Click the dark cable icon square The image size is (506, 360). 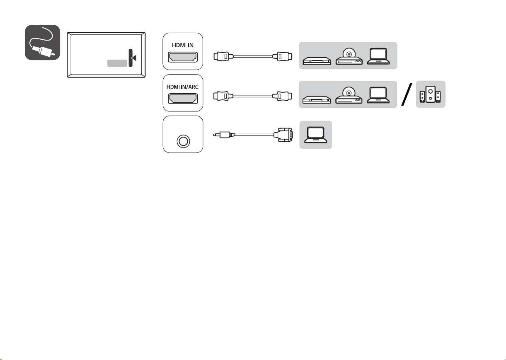pos(42,42)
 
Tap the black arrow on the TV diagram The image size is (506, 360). pos(133,58)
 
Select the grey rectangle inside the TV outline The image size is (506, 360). pos(117,63)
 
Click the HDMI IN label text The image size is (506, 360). pos(182,45)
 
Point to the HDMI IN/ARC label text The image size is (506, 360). pos(182,87)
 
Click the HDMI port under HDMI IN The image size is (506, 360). pos(183,57)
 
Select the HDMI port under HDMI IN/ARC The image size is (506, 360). pos(183,99)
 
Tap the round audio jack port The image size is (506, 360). pos(183,141)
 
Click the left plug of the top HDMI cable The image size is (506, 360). pos(223,56)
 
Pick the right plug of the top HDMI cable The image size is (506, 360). pos(282,56)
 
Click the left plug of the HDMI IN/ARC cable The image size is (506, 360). pos(223,96)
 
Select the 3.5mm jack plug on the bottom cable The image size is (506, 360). pos(224,135)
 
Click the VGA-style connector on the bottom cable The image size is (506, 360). pos(283,135)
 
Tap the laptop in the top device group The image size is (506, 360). pos(378,56)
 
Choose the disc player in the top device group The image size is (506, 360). pos(349,56)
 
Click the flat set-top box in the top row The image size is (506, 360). pos(317,61)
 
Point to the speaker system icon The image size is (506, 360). pos(430,94)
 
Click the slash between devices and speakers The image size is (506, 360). pos(407,94)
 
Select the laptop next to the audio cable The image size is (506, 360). pos(315,135)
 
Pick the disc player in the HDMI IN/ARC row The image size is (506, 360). pos(349,95)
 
